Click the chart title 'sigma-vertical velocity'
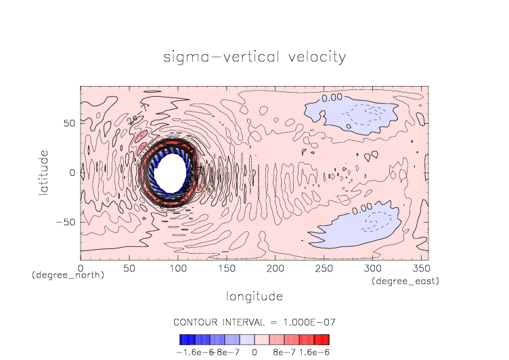click(x=255, y=57)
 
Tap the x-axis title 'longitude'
click(x=255, y=296)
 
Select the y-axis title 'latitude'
click(x=43, y=173)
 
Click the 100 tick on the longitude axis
click(x=177, y=269)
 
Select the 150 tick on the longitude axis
click(x=226, y=269)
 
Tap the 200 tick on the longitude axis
click(x=275, y=269)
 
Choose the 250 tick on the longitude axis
click(x=323, y=269)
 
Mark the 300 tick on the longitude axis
click(x=372, y=269)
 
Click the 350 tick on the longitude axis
click(x=420, y=269)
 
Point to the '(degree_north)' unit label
click(x=68, y=275)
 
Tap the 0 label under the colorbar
click(x=255, y=352)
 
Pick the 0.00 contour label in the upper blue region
click(x=332, y=98)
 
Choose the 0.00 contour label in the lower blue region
click(x=362, y=207)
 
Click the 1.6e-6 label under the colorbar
click(x=313, y=352)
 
